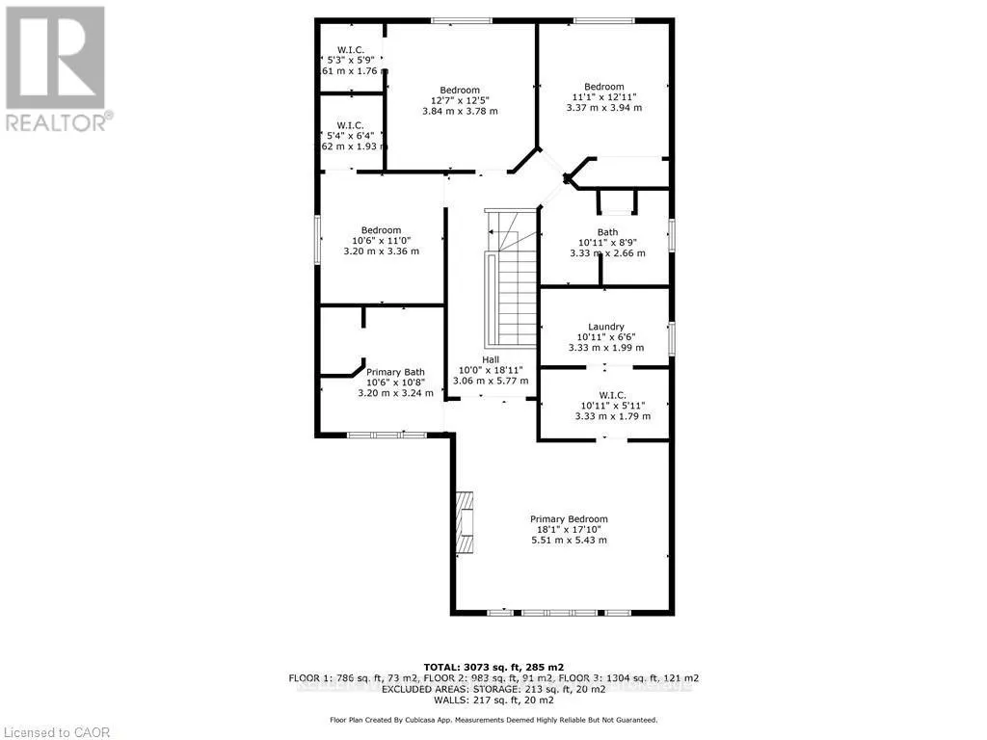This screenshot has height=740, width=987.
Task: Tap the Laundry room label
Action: pos(606,327)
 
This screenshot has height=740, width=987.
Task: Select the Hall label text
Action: pos(491,358)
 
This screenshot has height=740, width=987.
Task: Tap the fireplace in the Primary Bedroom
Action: pos(465,520)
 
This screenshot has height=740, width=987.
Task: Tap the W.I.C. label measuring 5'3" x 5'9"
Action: pos(349,50)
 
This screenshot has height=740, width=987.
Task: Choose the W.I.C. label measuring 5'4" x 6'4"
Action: pos(349,126)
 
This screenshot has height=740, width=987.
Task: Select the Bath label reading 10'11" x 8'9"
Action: pos(607,232)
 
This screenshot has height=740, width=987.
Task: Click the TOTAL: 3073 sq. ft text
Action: pos(493,667)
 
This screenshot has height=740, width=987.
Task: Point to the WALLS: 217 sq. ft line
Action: pos(493,700)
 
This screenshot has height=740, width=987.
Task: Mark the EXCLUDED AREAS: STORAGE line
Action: pos(493,689)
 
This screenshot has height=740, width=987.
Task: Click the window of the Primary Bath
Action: pos(387,435)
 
